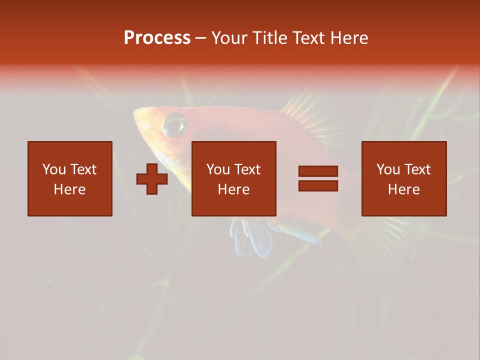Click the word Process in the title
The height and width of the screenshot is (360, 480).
coord(157,38)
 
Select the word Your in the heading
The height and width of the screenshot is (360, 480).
coord(229,38)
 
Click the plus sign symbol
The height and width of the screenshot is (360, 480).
coord(152,179)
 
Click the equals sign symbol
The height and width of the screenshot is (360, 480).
coord(318,178)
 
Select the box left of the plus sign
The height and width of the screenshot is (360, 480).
coord(70,178)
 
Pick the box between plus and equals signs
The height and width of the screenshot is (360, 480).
coord(233,178)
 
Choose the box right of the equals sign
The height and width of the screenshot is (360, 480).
coord(403,178)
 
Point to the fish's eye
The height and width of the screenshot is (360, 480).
coord(175,124)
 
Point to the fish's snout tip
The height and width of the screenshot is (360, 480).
coord(135,114)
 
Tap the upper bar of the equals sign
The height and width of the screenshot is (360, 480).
coord(318,171)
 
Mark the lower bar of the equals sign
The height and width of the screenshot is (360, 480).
coord(318,185)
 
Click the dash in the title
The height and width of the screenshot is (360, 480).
coord(200,38)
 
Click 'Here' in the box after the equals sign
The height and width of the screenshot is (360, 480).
coord(403,189)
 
